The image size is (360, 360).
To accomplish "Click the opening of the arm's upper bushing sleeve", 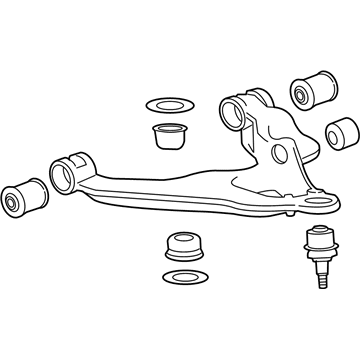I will tap(233, 108).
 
